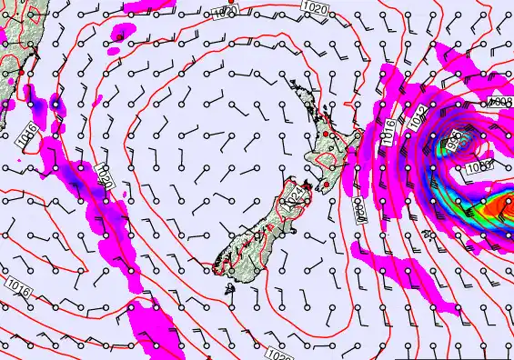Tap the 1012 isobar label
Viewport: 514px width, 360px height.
click(417, 116)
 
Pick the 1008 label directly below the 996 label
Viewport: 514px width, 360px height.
click(479, 166)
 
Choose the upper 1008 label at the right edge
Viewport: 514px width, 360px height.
click(501, 102)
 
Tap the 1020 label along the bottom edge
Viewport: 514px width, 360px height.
click(282, 353)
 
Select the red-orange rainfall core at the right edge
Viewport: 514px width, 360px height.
click(498, 209)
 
